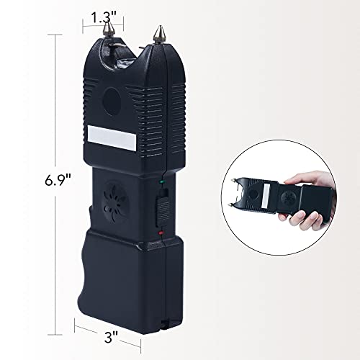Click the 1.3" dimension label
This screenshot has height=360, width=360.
[x=104, y=17]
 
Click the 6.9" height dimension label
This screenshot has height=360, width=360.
[x=58, y=180]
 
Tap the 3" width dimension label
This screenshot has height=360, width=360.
[x=112, y=337]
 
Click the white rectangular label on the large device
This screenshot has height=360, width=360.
[x=112, y=138]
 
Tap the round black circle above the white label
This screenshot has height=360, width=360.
[x=112, y=102]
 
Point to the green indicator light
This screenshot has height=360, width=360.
[x=161, y=182]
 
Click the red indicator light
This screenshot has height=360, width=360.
[x=161, y=233]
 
